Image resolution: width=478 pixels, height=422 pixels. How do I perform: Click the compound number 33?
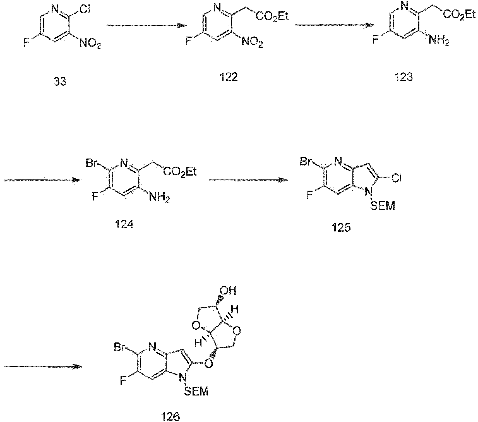(60, 82)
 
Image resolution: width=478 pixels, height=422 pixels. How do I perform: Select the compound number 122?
(228, 77)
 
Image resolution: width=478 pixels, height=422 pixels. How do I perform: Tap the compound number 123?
(404, 77)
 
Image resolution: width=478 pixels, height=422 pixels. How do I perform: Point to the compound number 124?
(124, 224)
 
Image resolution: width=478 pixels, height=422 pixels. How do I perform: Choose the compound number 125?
(341, 228)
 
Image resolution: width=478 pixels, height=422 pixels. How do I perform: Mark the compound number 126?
(171, 417)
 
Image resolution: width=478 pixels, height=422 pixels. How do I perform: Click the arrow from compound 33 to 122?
(147, 25)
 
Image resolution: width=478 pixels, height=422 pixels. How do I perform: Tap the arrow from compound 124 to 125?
(248, 180)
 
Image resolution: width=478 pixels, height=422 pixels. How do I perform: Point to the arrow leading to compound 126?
(43, 367)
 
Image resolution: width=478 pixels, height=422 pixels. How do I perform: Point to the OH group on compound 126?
(228, 291)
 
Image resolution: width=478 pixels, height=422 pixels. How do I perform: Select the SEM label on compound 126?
(196, 391)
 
